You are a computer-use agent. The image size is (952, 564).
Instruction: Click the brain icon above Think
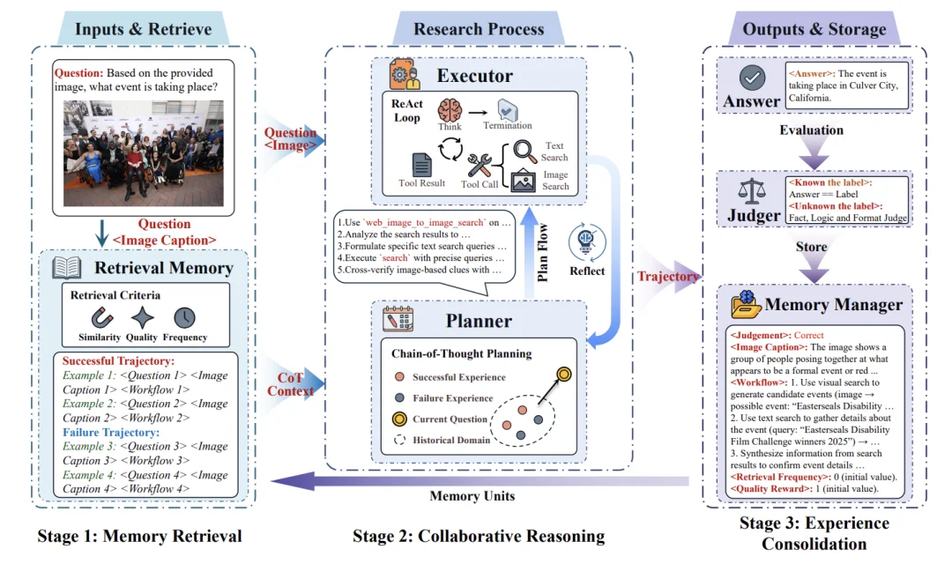tap(450, 111)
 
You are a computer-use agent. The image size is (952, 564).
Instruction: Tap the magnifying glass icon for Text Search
tap(524, 150)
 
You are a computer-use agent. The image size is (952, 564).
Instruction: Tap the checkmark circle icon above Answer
tap(752, 79)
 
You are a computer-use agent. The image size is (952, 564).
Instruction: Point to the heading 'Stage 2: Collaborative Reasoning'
tap(479, 536)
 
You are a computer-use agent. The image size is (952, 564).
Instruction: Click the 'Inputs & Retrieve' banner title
tap(143, 28)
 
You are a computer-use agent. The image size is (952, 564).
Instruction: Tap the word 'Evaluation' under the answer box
tap(811, 130)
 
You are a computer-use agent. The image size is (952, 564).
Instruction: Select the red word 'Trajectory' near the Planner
tap(667, 277)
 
